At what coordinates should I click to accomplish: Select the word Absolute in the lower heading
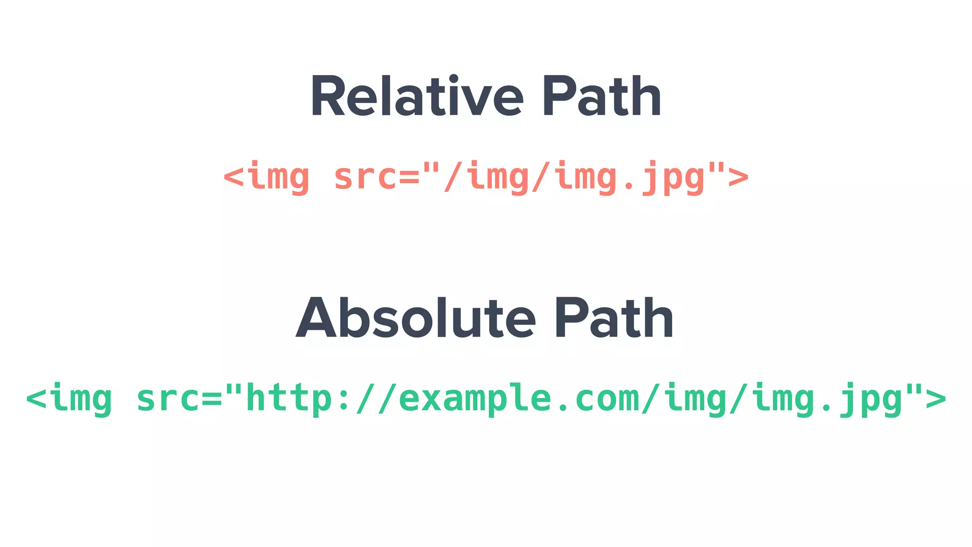point(415,318)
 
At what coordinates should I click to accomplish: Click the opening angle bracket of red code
point(234,177)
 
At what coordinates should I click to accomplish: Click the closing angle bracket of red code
point(738,177)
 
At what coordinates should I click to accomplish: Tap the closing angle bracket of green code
point(935,399)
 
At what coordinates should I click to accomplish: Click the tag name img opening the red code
point(278,177)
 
